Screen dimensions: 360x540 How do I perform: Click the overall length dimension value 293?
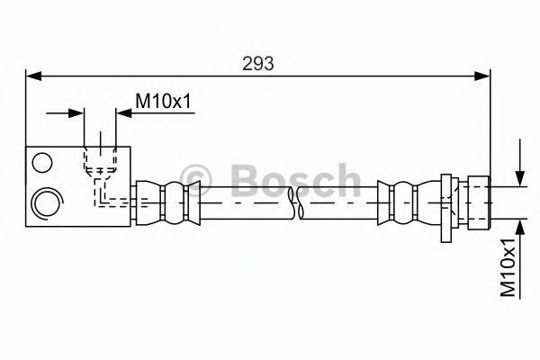(258, 63)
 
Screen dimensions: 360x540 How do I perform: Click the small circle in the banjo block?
(40, 163)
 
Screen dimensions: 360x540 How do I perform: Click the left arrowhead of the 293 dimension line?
(32, 76)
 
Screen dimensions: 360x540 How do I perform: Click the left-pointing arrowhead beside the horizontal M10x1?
(122, 112)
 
